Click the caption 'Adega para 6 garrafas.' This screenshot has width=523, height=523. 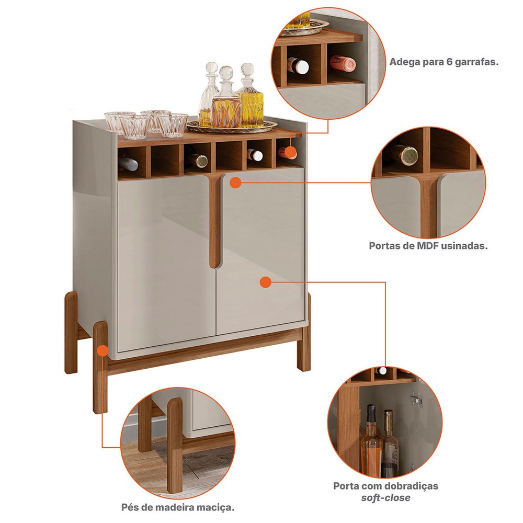click(x=444, y=62)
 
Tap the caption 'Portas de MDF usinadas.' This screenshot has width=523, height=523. click(x=428, y=246)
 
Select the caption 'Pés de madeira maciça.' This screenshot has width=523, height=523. click(x=178, y=508)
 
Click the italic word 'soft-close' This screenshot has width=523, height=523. click(x=385, y=498)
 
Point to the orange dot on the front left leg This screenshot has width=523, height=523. click(x=103, y=351)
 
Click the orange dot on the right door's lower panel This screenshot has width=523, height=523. click(x=265, y=282)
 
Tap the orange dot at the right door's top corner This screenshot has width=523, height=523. click(x=236, y=183)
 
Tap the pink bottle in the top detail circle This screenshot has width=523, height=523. click(x=343, y=62)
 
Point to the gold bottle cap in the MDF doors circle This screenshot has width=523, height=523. click(x=409, y=155)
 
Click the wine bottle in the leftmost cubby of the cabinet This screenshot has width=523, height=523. click(x=128, y=163)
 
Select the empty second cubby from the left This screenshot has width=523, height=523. click(x=165, y=161)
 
